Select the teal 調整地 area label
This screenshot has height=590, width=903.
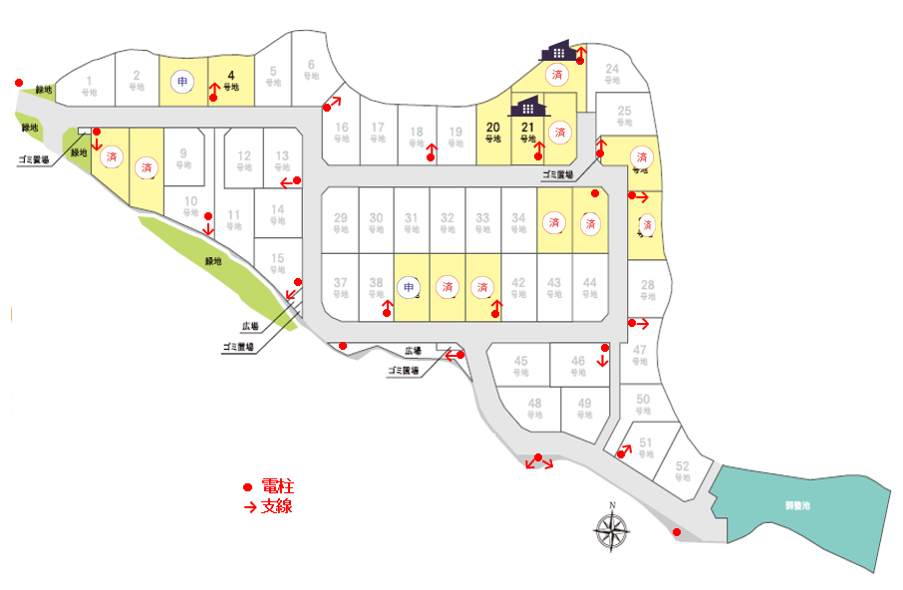[x=797, y=505]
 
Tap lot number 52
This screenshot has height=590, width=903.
[x=682, y=466]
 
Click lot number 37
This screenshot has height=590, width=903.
[x=340, y=283]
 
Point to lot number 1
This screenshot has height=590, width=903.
[x=90, y=81]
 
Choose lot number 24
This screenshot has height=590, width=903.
[x=613, y=69]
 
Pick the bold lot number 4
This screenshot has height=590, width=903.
[x=230, y=75]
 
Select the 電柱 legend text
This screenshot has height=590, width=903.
[x=278, y=486]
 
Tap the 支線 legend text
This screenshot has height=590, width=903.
[x=277, y=506]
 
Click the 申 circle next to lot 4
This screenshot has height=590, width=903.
[x=181, y=81]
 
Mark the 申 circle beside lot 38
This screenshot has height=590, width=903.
[x=409, y=287]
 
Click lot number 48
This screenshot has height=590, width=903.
[x=535, y=404]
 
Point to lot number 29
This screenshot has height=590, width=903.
[x=340, y=218]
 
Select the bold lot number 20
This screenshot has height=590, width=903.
[x=492, y=128]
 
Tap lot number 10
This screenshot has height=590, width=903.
[x=190, y=200]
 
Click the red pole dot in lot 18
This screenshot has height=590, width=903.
[x=431, y=156]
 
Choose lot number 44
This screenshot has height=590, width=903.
[x=590, y=283]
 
